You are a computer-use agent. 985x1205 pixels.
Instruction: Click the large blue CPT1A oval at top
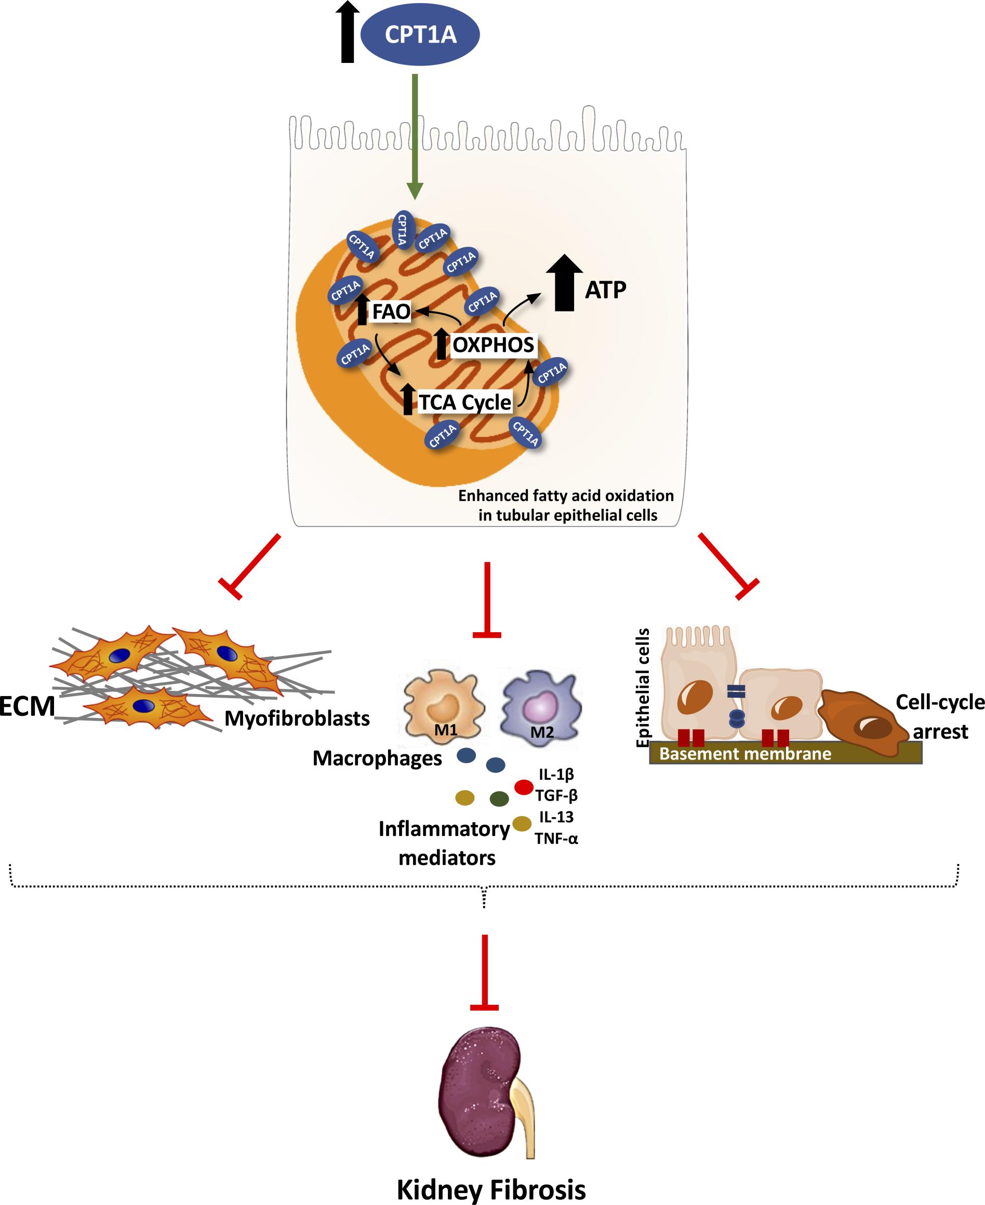tap(420, 35)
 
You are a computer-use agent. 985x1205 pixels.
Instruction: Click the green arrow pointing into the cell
tap(415, 136)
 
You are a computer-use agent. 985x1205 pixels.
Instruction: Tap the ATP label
tap(605, 290)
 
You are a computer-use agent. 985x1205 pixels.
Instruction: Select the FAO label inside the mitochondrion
tap(391, 312)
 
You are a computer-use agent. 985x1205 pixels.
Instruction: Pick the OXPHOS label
tap(493, 345)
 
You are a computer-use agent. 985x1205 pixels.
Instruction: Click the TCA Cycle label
tap(464, 402)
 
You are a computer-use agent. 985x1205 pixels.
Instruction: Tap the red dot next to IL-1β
tap(523, 787)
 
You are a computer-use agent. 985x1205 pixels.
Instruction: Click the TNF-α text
tap(556, 839)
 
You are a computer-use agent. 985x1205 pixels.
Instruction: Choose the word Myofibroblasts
tap(297, 719)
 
